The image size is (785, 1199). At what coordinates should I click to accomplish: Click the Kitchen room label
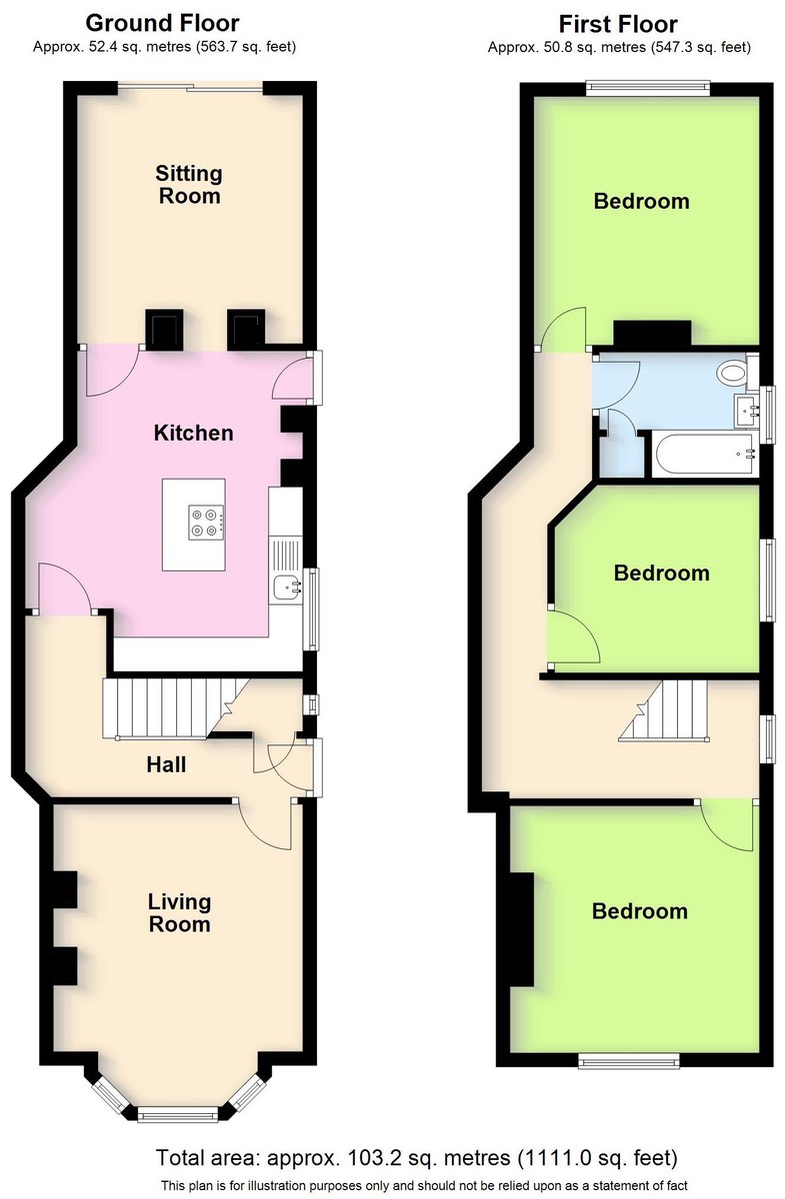coord(193,433)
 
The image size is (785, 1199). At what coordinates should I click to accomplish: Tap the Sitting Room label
coord(189,185)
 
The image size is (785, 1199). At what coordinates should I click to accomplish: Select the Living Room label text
coord(180,913)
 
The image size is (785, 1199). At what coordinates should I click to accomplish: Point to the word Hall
coord(166,765)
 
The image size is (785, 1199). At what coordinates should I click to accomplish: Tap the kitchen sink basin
coord(288,588)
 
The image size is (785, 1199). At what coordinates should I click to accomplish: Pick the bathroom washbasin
coord(747,412)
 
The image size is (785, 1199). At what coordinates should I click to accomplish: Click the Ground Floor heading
coord(162,23)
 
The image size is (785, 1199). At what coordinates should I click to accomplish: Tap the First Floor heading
coord(618,24)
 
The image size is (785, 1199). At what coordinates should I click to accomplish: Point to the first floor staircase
coord(664,710)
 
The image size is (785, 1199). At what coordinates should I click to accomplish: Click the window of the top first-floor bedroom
coord(648,89)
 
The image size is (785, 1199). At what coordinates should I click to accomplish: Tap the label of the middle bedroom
coord(662,574)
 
